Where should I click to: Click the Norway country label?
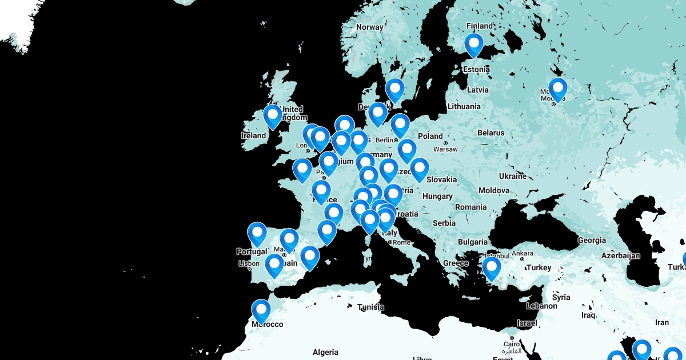click(369, 27)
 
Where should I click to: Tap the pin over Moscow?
click(557, 89)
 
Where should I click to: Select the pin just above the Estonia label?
click(474, 45)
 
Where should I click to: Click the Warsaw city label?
click(445, 149)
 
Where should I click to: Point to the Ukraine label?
click(512, 176)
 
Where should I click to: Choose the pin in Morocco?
click(261, 310)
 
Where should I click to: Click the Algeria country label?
click(325, 352)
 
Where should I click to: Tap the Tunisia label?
click(370, 307)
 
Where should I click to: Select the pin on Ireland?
click(273, 116)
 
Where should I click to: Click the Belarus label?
click(491, 133)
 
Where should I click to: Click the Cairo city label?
click(511, 344)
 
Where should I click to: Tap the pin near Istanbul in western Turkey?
click(491, 268)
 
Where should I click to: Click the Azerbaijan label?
click(620, 255)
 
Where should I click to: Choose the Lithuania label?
click(464, 106)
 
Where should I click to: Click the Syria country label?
click(561, 297)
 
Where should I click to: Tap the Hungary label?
click(437, 196)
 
